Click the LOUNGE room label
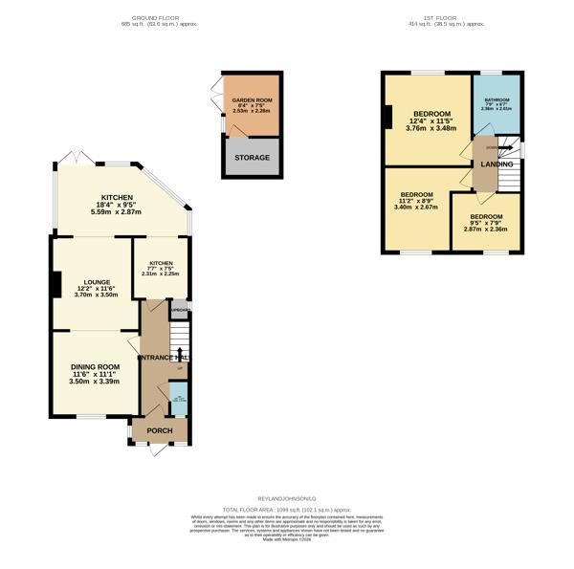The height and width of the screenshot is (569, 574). [x=97, y=282]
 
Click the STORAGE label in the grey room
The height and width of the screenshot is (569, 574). [x=252, y=158]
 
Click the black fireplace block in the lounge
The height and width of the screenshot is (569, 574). [x=56, y=284]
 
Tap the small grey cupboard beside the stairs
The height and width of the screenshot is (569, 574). [x=179, y=310]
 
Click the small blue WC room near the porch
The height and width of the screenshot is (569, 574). [x=178, y=402]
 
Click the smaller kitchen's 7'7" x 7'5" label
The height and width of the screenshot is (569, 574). [x=160, y=273]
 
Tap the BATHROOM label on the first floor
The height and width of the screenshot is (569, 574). [x=497, y=100]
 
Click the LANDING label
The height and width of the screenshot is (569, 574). [x=497, y=164]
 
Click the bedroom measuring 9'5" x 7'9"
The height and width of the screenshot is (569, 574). [x=486, y=223]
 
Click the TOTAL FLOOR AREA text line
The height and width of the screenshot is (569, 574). [x=287, y=508]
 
